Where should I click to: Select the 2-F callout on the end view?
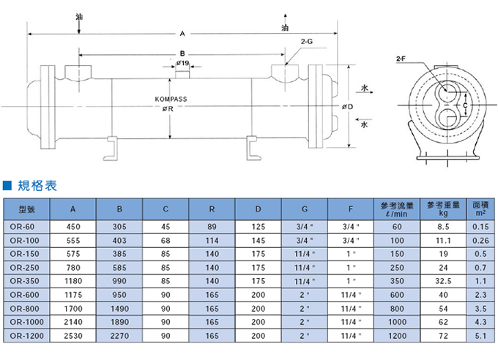pos(401,57)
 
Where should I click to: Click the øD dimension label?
pos(347,108)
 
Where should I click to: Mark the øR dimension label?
pos(168,109)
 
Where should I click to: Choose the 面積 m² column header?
pos(480,209)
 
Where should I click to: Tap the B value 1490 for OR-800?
pos(119,307)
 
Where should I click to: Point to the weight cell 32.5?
pos(443,280)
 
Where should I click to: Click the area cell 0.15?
pos(480,227)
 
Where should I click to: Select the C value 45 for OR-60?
pos(166,227)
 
